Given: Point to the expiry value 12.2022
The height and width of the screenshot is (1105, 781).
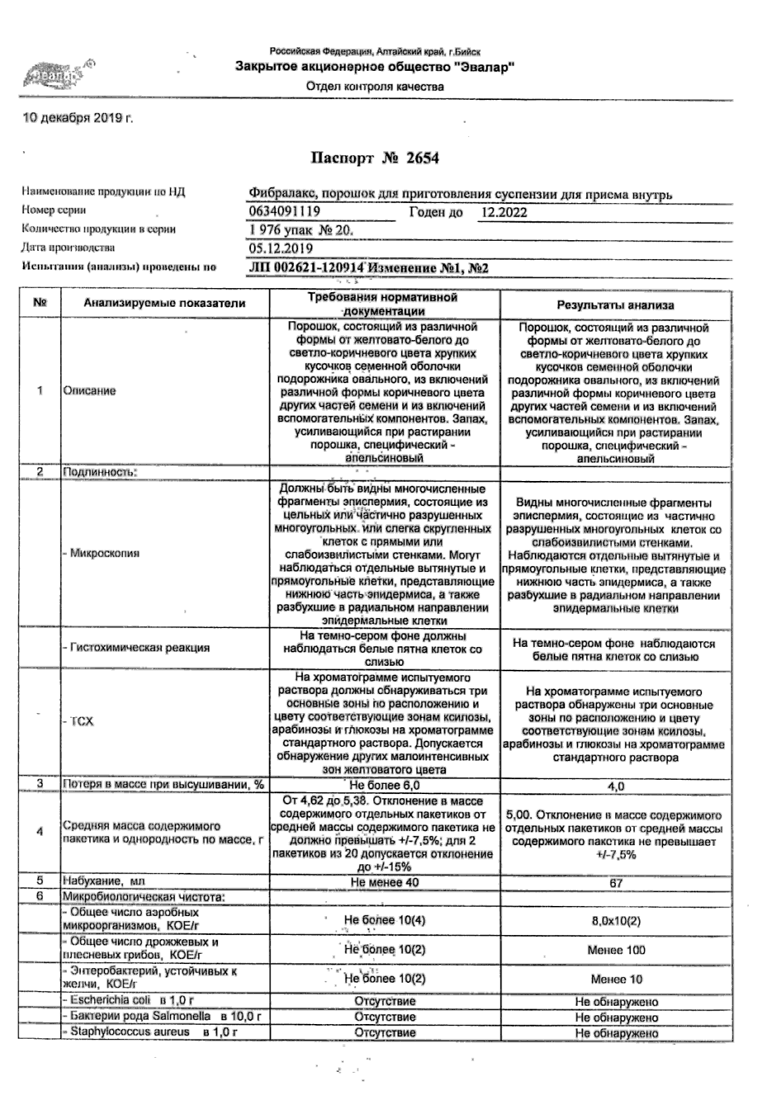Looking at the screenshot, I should (x=504, y=213).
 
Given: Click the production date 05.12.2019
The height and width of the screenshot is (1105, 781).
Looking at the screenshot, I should (x=281, y=248).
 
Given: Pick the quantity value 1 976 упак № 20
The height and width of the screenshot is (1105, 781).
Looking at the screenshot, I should (x=301, y=231).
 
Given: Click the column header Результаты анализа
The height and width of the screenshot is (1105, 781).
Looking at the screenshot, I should (x=615, y=306).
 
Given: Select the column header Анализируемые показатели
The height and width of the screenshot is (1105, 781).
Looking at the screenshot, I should (x=165, y=304).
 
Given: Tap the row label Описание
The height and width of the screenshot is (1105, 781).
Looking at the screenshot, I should (x=89, y=391).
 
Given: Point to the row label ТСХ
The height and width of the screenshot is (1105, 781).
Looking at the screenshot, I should (x=82, y=721).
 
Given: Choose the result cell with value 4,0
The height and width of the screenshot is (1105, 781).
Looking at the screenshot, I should (x=616, y=787).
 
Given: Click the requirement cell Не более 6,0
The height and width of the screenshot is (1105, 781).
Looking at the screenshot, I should (x=384, y=785).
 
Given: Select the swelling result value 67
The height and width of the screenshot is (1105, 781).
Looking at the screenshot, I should (x=616, y=882).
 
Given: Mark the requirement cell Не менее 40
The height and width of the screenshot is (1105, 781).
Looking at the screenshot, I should (x=384, y=882).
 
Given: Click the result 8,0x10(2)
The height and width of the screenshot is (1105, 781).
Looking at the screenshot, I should (x=616, y=921).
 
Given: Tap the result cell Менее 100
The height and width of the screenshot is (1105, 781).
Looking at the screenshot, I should (x=616, y=950).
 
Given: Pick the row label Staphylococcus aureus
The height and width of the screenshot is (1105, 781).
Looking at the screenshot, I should (x=129, y=1032).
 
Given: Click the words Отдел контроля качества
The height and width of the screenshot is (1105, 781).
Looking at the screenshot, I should (x=375, y=86).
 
